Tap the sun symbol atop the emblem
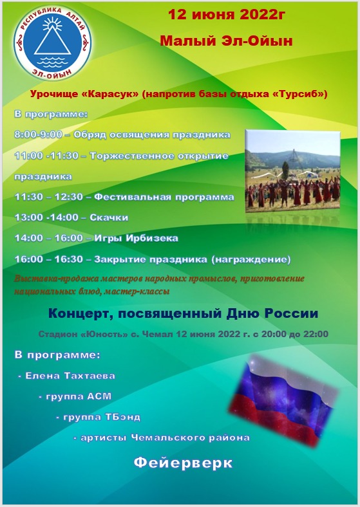pyautogui.click(x=52, y=24)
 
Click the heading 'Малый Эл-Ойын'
pyautogui.click(x=226, y=41)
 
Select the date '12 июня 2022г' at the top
pyautogui.click(x=227, y=15)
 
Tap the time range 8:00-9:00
pyautogui.click(x=38, y=134)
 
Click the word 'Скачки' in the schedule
pyautogui.click(x=109, y=217)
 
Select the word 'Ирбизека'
pyautogui.click(x=152, y=238)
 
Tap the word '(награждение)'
pyautogui.click(x=251, y=259)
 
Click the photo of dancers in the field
pyautogui.click(x=292, y=171)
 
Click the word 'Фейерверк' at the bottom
pyautogui.click(x=183, y=463)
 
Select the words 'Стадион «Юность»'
pyautogui.click(x=83, y=334)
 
